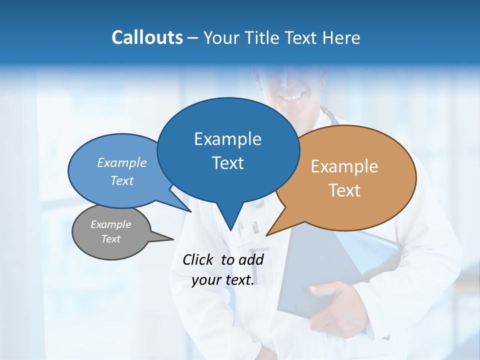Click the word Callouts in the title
pos(147,37)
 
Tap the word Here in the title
pos(342,37)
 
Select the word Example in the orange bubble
pos(344,166)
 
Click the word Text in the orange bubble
pos(344,190)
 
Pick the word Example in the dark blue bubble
pos(227,139)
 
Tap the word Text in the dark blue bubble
pos(227,163)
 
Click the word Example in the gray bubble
pos(110,224)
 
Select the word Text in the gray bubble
pos(110,239)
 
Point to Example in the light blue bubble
pos(121,163)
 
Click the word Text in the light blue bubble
pos(121,180)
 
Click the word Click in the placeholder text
pos(198,259)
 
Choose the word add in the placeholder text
pos(250,259)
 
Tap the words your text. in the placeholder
pos(222,280)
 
